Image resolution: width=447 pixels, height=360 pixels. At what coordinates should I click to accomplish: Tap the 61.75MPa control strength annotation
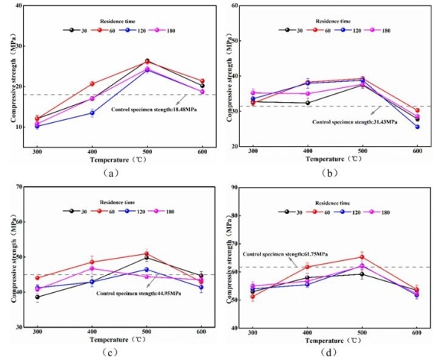click(279, 254)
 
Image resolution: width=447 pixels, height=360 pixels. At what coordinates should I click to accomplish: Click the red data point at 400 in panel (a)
click(92, 83)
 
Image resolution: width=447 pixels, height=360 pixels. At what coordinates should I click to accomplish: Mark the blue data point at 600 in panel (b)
click(417, 127)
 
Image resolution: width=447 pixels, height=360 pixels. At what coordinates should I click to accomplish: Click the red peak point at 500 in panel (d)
click(362, 257)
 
